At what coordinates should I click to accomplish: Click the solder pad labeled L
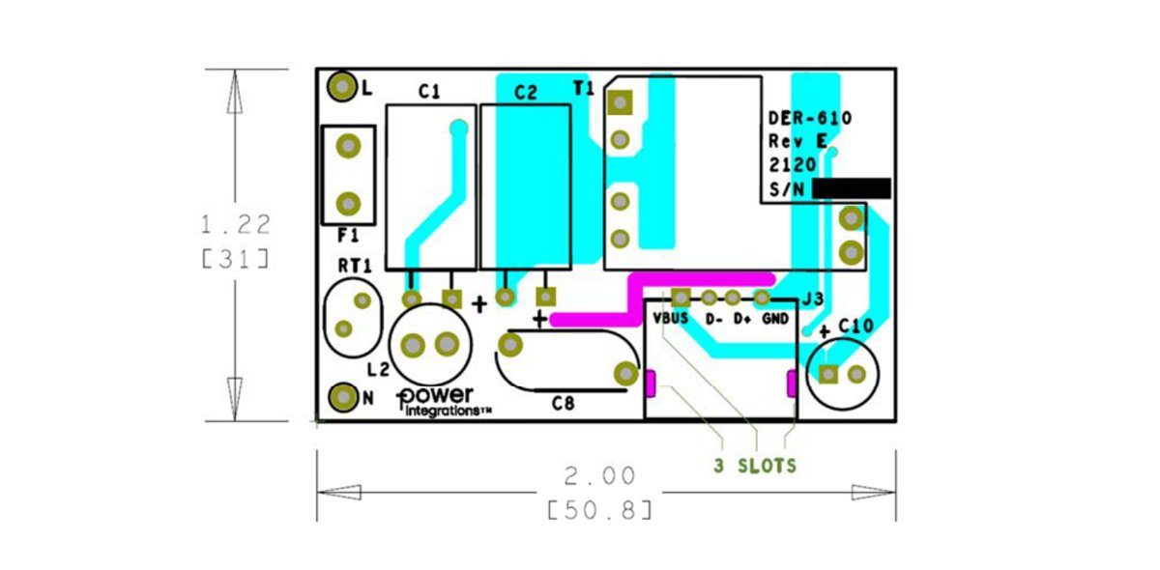pos(342,86)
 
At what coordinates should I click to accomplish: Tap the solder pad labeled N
pos(343,398)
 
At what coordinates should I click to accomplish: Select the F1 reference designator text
pos(348,236)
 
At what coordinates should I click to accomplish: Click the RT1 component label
pos(355,266)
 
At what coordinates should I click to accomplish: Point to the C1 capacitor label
pos(429,92)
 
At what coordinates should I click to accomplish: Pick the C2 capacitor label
pos(526,93)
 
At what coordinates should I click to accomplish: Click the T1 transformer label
pos(584,89)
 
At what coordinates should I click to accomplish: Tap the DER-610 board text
pos(810,119)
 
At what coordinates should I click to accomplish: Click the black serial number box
pos(852,189)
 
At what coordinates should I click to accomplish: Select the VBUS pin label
pos(671,319)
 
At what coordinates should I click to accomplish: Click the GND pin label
pos(775,319)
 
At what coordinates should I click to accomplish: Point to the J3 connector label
pos(813,299)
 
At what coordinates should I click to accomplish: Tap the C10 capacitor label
pos(856,327)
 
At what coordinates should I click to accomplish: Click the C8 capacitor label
pos(563,403)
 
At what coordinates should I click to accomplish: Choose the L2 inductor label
pos(378,370)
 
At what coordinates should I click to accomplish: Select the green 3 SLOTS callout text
pos(755,466)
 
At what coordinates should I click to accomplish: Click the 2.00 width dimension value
pos(599,476)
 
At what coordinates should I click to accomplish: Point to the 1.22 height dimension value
pos(236,225)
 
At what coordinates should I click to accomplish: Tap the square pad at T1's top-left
pos(620,102)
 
